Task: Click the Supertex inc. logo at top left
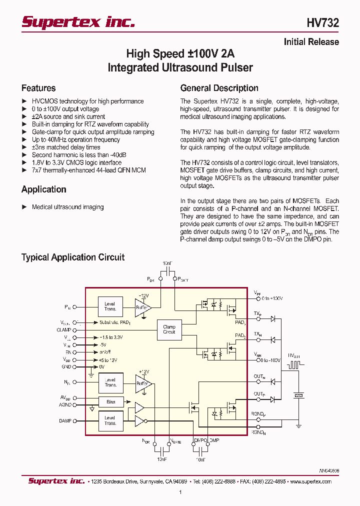click(78, 21)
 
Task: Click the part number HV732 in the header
click(322, 23)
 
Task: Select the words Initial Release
click(311, 42)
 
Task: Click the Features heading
click(38, 88)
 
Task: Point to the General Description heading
click(219, 88)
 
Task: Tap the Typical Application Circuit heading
click(73, 257)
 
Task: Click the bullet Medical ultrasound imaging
click(67, 207)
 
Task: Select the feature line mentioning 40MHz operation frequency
click(76, 140)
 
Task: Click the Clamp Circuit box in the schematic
click(169, 329)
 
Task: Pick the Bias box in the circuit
click(110, 402)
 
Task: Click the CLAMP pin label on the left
click(64, 330)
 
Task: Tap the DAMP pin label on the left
click(65, 421)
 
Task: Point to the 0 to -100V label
click(271, 360)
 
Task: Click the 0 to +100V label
click(272, 298)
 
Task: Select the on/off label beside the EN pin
click(105, 352)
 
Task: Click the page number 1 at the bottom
click(180, 492)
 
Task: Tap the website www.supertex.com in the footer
click(310, 481)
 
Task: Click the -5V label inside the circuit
click(103, 345)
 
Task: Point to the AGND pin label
click(65, 405)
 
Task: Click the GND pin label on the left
click(66, 366)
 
